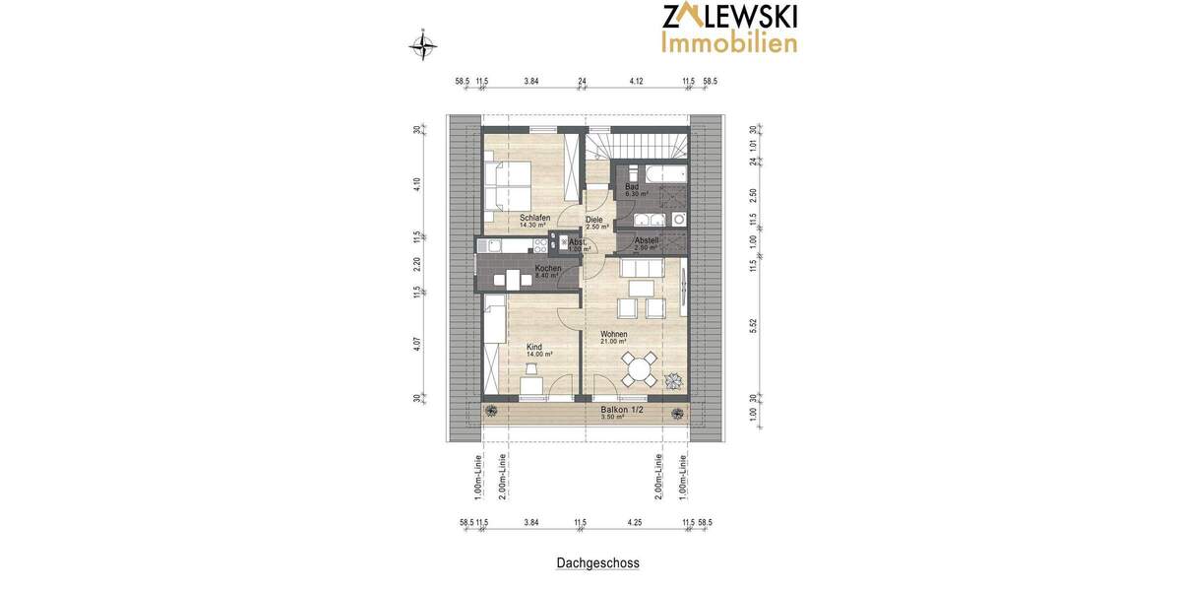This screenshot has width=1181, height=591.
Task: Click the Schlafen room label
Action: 535,218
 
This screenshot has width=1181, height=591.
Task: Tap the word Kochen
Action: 548,268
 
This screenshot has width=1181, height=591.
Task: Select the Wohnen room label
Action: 614,334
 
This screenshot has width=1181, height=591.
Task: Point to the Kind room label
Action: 534,347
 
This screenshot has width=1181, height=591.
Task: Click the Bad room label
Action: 632,186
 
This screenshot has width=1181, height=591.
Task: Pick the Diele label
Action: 594,220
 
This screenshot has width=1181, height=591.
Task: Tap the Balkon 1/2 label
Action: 621,409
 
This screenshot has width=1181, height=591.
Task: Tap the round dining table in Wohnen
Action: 640,371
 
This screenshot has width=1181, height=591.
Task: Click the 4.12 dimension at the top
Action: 635,81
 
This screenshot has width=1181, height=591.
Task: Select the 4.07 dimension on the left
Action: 417,346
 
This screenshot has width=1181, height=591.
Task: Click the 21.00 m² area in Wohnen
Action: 614,342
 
